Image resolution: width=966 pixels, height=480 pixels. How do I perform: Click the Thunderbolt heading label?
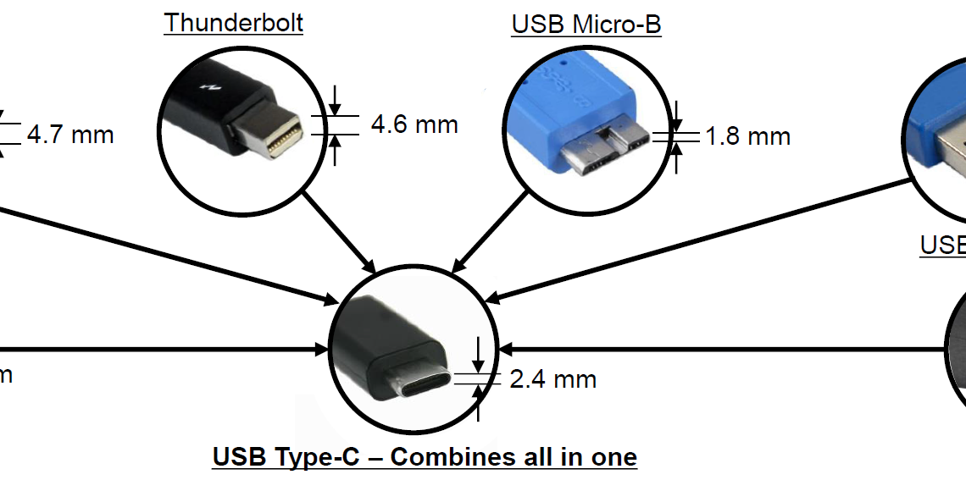233,22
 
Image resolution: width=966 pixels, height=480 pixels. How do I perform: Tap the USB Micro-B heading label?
586,24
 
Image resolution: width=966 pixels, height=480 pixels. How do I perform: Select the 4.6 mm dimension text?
414,124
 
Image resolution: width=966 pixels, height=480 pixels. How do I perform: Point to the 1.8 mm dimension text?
747,135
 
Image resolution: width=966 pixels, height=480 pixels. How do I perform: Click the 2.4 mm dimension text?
552,379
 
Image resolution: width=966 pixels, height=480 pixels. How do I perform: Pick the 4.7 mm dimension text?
69,134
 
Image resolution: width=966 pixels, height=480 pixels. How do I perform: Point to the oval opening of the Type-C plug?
424,385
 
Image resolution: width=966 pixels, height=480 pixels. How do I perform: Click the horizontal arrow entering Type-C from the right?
720,349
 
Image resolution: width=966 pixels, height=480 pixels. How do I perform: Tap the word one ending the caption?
614,458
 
